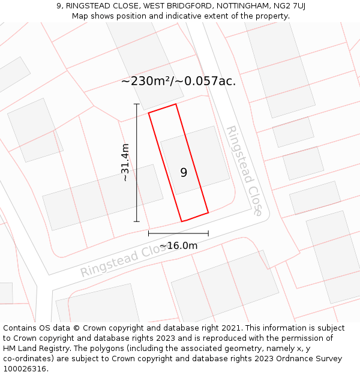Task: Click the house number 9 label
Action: [x=184, y=173]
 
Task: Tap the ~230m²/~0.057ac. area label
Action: [x=178, y=82]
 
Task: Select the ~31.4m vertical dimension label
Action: [x=125, y=163]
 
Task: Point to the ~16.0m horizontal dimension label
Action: [x=178, y=245]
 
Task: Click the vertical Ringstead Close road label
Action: [x=244, y=170]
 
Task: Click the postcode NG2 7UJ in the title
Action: [x=287, y=5]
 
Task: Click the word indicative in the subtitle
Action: [x=189, y=16]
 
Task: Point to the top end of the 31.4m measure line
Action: [x=137, y=104]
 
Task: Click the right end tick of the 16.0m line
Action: [x=208, y=233]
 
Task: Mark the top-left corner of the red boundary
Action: [x=149, y=112]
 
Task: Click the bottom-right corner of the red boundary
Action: [x=208, y=212]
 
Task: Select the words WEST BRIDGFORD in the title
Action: [x=171, y=5]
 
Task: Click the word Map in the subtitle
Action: [x=80, y=16]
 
